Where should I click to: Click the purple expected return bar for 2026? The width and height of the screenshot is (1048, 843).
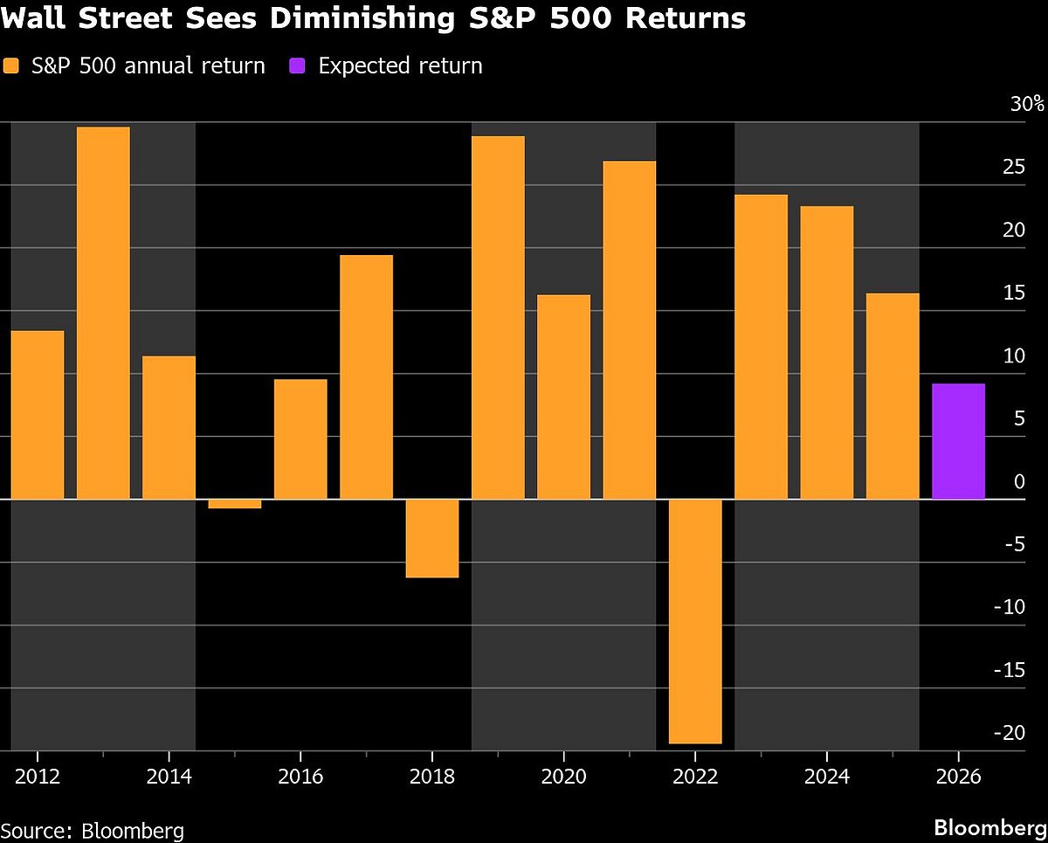[x=958, y=441]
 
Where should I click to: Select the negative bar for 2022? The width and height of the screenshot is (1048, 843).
[x=695, y=621]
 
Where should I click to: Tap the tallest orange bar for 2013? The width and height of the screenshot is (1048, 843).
[x=103, y=313]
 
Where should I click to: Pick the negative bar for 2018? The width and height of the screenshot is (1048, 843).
[x=432, y=538]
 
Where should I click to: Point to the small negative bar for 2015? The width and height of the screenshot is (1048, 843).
[x=235, y=503]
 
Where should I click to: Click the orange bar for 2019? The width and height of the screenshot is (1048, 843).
[x=498, y=317]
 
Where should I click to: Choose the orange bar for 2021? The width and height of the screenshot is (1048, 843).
[x=630, y=329]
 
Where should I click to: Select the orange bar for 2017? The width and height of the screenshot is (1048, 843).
[x=366, y=377]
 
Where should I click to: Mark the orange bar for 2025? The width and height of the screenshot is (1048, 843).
[x=893, y=396]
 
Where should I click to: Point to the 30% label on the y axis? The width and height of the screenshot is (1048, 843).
[x=1026, y=105]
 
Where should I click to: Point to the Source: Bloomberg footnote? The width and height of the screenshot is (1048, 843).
[x=93, y=829]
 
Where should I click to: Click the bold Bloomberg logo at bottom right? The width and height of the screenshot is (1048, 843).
[x=989, y=826]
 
